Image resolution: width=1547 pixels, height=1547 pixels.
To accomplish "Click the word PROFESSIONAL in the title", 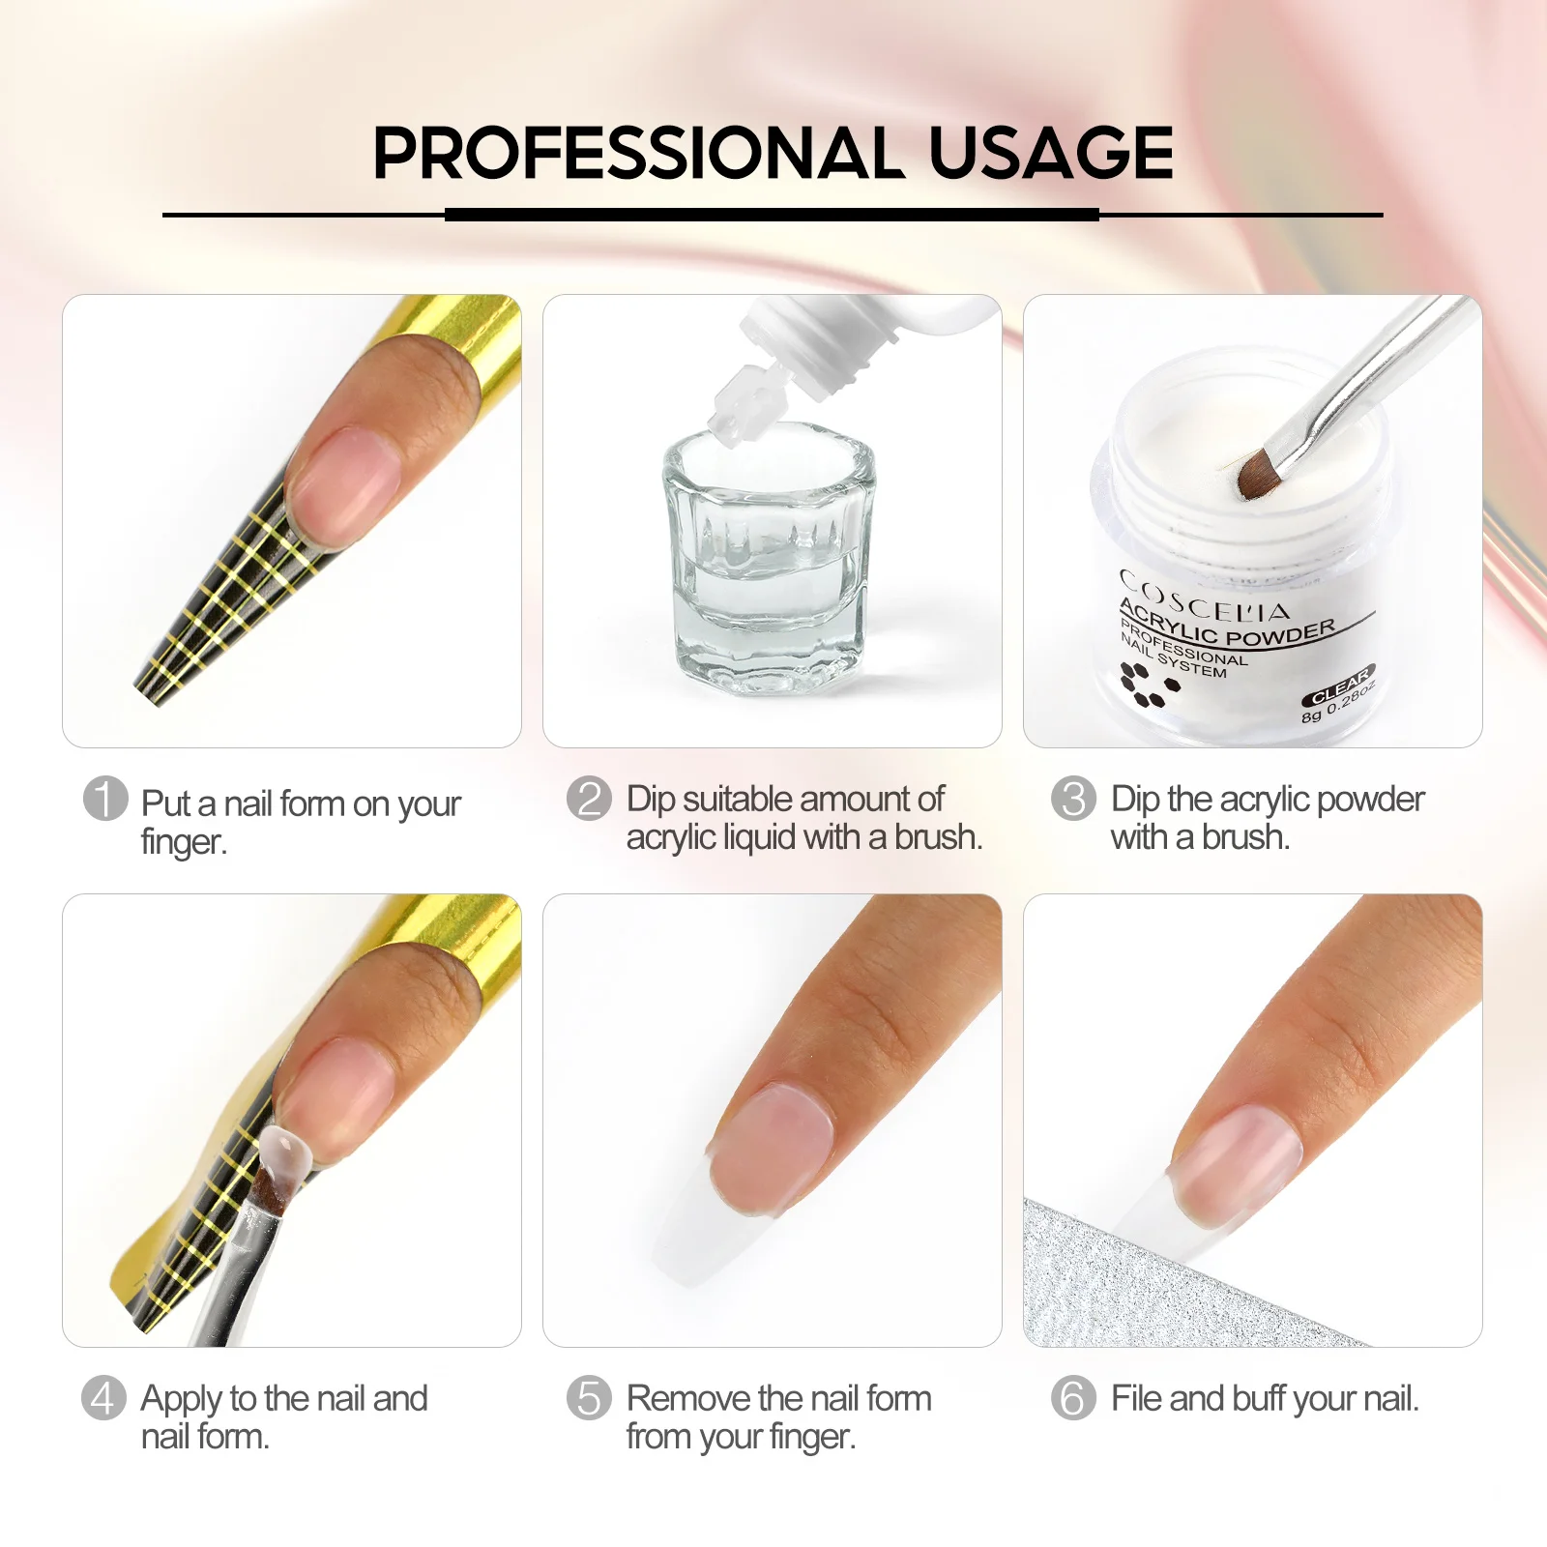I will click(x=638, y=153).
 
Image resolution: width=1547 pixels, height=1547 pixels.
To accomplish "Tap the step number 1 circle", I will click(x=105, y=799).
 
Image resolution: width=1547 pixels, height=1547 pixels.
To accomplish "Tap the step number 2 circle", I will click(x=589, y=799).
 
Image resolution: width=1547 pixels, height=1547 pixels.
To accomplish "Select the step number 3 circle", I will click(x=1073, y=799).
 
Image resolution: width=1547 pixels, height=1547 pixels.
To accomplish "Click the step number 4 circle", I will click(x=103, y=1398).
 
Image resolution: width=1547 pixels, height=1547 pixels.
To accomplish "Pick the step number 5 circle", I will click(x=589, y=1398).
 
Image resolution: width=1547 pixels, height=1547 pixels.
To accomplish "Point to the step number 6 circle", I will click(x=1073, y=1398).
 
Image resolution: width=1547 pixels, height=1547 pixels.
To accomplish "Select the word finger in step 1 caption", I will click(x=183, y=842).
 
